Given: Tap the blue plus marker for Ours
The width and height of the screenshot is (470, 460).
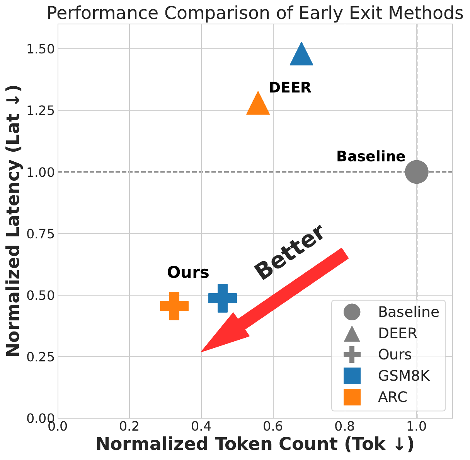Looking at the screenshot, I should [223, 298].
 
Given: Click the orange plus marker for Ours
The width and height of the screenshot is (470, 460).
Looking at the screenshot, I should [174, 306].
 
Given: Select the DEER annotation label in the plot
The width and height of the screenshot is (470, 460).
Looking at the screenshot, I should [290, 88].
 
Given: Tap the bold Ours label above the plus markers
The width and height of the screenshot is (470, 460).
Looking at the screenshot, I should [188, 273].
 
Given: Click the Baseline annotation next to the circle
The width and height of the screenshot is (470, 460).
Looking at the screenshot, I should [371, 157].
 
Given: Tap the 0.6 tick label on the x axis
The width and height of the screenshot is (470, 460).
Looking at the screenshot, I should [273, 426].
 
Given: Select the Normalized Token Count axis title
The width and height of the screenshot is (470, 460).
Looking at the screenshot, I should [255, 445].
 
